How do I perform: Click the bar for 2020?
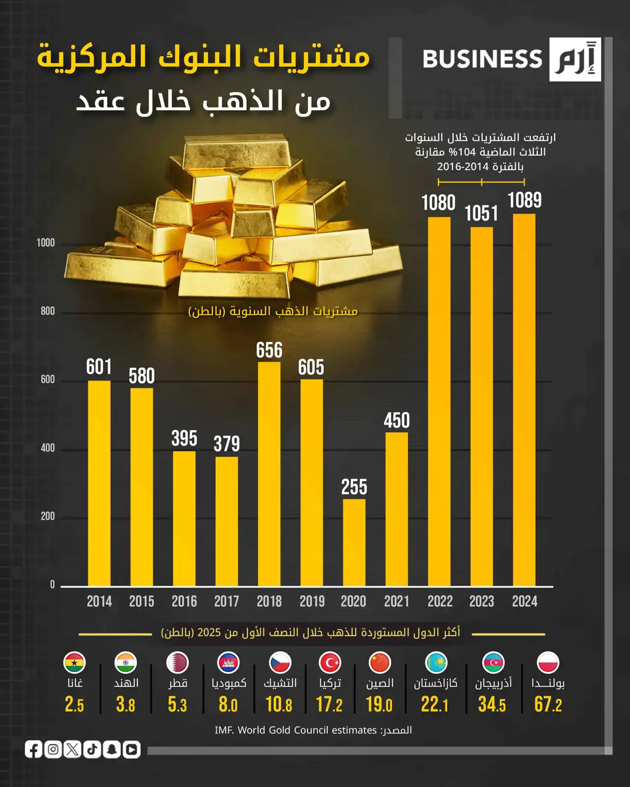click(x=354, y=542)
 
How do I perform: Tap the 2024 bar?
click(x=524, y=399)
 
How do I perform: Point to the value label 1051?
click(x=481, y=213)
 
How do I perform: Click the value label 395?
click(x=184, y=438)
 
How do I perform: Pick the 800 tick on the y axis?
click(x=48, y=311)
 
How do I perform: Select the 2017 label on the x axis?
click(x=226, y=601)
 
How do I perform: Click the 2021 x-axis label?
click(x=397, y=601)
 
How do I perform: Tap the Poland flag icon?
click(x=548, y=663)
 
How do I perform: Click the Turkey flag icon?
click(x=330, y=663)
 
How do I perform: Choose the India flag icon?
click(x=126, y=663)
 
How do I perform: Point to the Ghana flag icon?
click(x=74, y=663)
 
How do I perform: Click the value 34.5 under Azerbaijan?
click(x=492, y=704)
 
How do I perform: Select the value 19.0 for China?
click(x=379, y=704)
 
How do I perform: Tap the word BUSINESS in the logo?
click(x=482, y=59)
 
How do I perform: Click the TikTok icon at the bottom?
click(x=93, y=749)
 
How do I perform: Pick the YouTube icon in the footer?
click(x=131, y=749)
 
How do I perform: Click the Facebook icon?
click(x=34, y=749)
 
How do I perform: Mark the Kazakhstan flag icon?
click(x=436, y=663)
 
